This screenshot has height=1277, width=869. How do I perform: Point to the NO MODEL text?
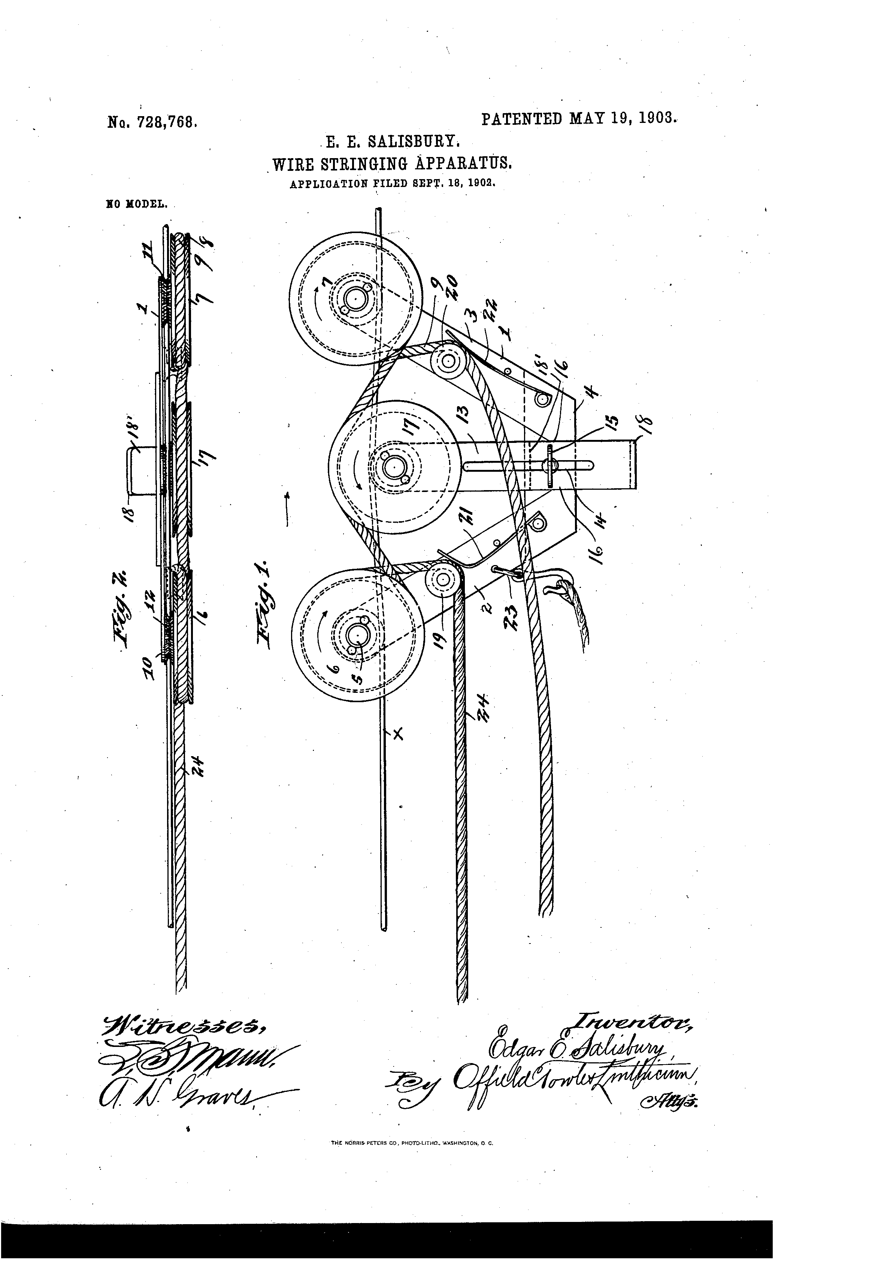click(134, 205)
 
